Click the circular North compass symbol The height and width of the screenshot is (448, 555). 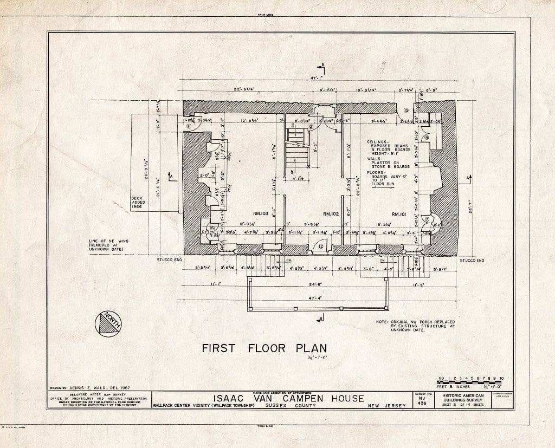pos(108,324)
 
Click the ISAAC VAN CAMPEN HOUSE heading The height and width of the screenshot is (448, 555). pos(287,398)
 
